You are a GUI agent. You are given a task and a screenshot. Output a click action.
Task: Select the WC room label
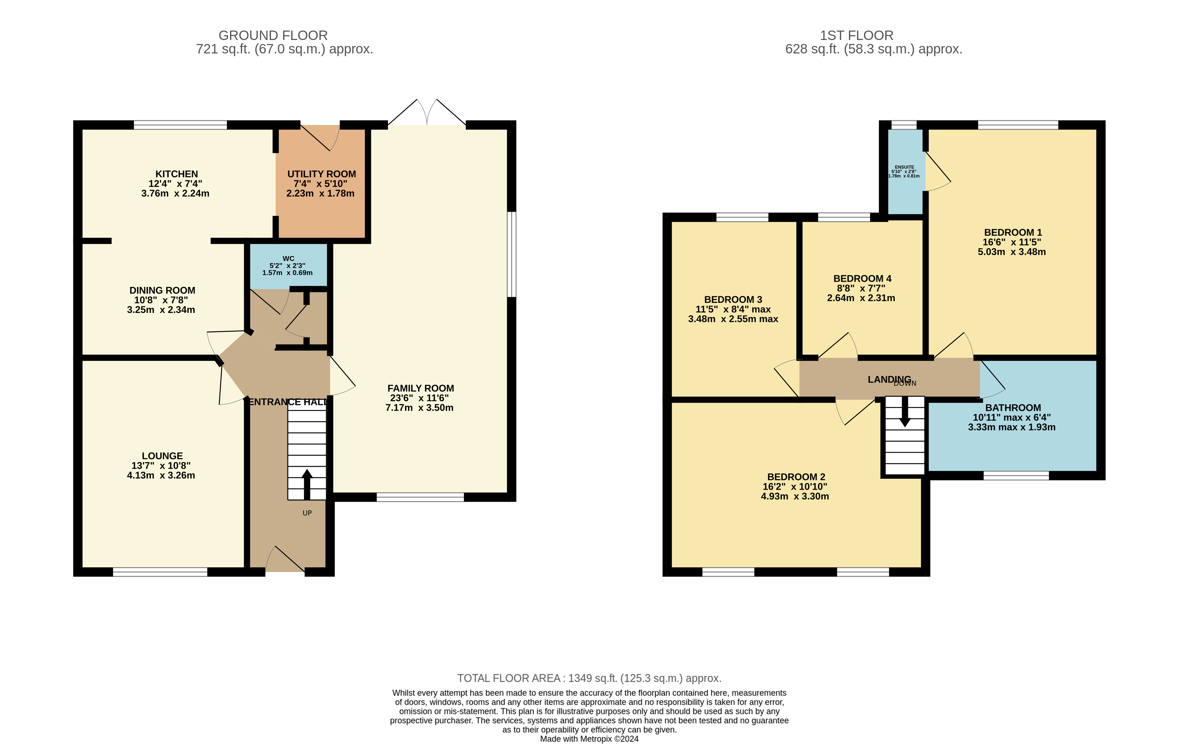[288, 258]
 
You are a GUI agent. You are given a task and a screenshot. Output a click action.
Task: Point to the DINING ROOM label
[162, 290]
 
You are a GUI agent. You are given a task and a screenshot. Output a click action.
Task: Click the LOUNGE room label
[162, 456]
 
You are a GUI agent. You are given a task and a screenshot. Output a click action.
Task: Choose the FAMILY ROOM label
[421, 388]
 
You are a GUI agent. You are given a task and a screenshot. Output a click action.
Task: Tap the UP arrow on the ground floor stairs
[307, 484]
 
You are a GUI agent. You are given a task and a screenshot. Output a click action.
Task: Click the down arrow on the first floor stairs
[905, 411]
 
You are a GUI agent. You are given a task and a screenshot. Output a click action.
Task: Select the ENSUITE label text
[904, 167]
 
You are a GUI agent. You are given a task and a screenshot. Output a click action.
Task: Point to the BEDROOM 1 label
[1013, 233]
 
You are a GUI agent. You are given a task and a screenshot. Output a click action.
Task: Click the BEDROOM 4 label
[862, 279]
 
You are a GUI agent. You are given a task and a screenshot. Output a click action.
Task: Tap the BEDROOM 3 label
[733, 299]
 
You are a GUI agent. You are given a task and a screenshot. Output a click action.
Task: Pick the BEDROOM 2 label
[796, 477]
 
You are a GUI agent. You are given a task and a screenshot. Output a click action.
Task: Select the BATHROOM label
[1013, 408]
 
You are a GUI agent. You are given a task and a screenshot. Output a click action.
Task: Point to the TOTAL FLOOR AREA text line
[589, 678]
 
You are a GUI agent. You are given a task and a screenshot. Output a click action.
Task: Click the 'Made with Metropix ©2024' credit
[589, 739]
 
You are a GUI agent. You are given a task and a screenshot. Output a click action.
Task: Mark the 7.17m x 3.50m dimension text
[419, 408]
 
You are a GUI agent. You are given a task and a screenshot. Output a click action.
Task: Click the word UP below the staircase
[307, 513]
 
